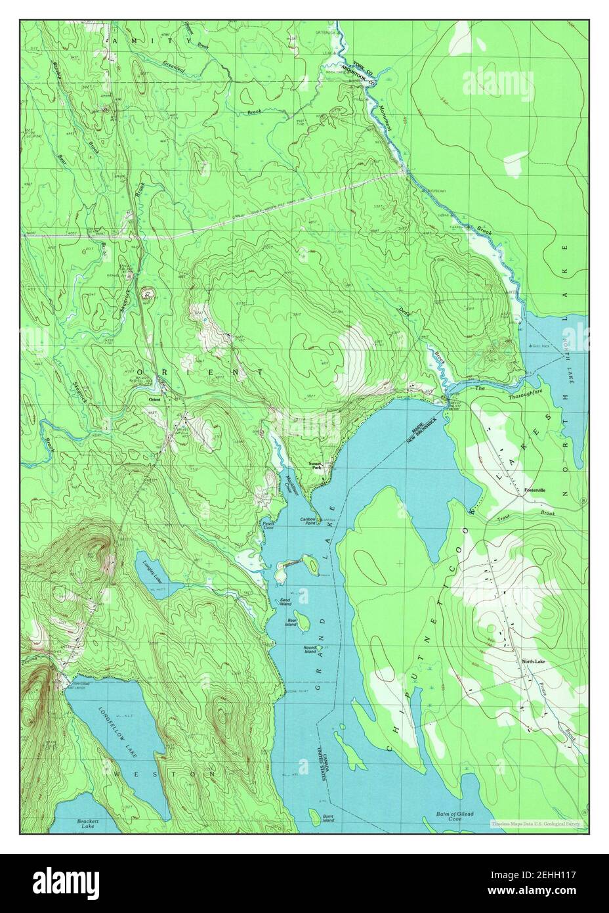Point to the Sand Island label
pyautogui.click(x=286, y=602)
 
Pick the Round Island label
pyautogui.click(x=310, y=649)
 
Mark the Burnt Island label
pyautogui.click(x=328, y=818)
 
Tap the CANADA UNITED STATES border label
pyautogui.click(x=325, y=761)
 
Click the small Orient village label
pyautogui.click(x=154, y=399)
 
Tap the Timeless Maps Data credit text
pyautogui.click(x=538, y=823)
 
